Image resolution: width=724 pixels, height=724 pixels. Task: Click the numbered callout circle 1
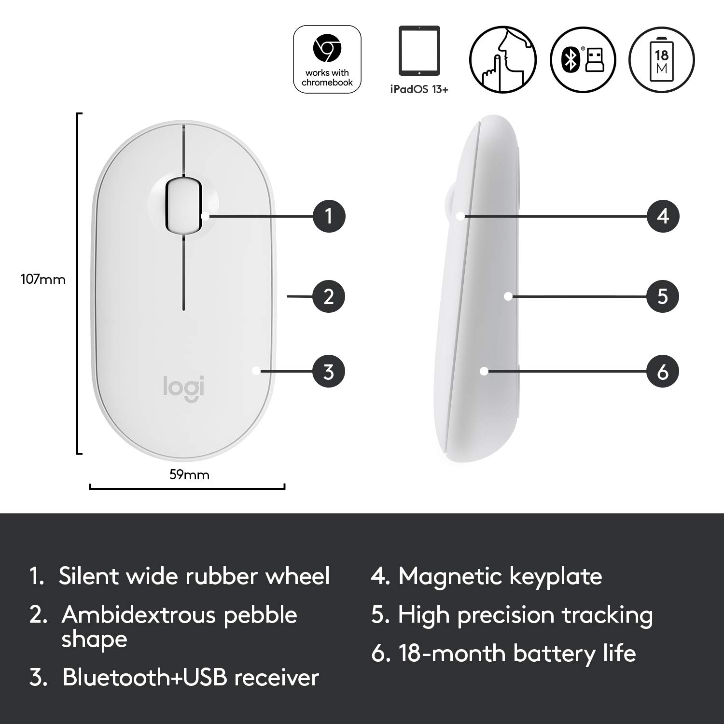[x=329, y=216]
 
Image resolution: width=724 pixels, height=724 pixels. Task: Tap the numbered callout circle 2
[x=329, y=296]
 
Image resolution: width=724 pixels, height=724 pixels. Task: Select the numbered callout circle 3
[x=329, y=372]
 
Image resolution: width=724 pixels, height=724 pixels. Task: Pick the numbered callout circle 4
[x=663, y=216]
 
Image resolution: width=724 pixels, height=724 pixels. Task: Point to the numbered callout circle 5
[x=663, y=296]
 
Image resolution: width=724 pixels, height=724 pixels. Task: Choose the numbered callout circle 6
[x=663, y=372]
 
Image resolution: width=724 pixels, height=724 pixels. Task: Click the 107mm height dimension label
[x=43, y=279]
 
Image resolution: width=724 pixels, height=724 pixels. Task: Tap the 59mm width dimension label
[x=189, y=475]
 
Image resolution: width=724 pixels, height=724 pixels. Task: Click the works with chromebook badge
[x=327, y=59]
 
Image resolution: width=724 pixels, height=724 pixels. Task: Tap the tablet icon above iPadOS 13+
[x=419, y=51]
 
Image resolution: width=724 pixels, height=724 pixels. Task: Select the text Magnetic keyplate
[x=500, y=576]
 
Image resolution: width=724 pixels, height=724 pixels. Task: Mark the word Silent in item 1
[x=88, y=576]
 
